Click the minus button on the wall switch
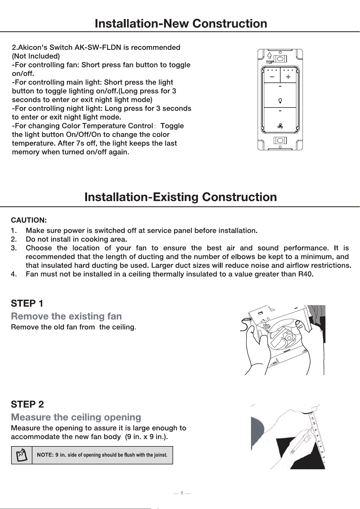tap(272, 75)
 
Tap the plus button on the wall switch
tap(288, 75)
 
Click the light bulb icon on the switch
tap(280, 101)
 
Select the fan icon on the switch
tap(280, 126)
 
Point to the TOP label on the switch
tap(270, 62)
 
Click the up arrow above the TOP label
tap(269, 56)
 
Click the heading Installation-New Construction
tap(181, 23)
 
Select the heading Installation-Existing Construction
tap(181, 197)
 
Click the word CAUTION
tap(29, 220)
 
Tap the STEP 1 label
tap(27, 303)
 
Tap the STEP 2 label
tap(27, 404)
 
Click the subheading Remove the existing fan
tap(66, 316)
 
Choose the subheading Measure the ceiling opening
tap(76, 417)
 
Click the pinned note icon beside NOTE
tap(21, 455)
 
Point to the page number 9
tap(182, 493)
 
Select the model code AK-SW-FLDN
tap(98, 47)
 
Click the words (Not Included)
tap(36, 56)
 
